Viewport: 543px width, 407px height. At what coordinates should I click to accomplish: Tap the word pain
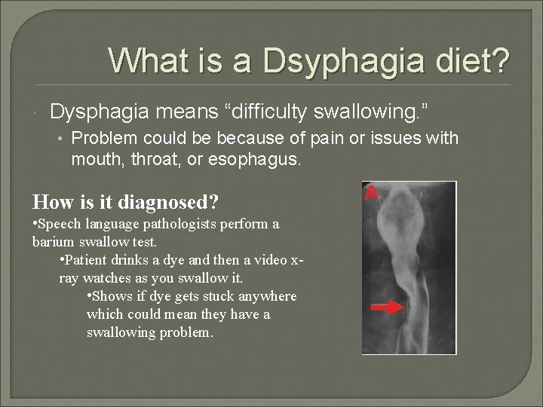327,139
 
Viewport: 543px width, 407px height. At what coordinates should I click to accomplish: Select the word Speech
57,225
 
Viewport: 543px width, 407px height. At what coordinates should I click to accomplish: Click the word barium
53,242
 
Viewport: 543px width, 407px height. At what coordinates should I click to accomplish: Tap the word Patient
86,260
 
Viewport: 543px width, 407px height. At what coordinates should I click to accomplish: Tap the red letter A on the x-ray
371,193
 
